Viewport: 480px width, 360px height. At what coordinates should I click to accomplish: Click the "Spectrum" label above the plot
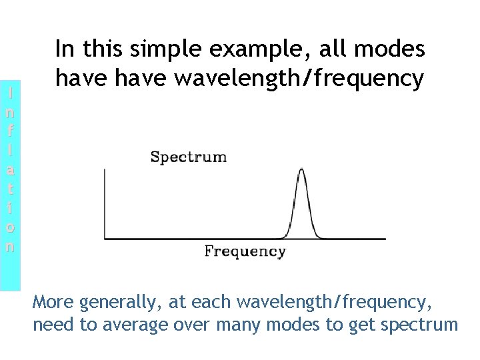click(189, 157)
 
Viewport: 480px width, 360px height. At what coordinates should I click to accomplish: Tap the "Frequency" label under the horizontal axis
click(245, 251)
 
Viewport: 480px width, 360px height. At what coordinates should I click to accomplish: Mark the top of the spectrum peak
click(301, 170)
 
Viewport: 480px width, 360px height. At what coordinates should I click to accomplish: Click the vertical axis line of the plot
click(105, 203)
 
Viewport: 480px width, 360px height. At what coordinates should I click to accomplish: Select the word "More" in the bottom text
click(53, 303)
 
